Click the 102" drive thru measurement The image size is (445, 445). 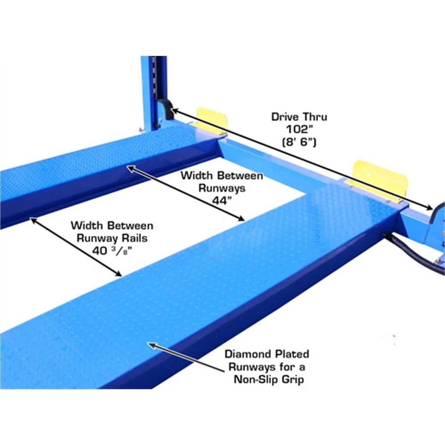(x=300, y=129)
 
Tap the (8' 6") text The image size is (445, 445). (x=299, y=142)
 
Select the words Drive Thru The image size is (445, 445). (x=299, y=117)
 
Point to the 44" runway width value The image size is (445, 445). (x=222, y=201)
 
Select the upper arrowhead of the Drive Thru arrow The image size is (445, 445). (x=175, y=111)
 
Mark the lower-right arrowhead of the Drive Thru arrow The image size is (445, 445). (x=429, y=207)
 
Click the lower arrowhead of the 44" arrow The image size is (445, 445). (x=241, y=218)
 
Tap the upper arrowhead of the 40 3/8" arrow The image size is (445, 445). (x=33, y=220)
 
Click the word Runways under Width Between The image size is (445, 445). (x=222, y=188)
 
